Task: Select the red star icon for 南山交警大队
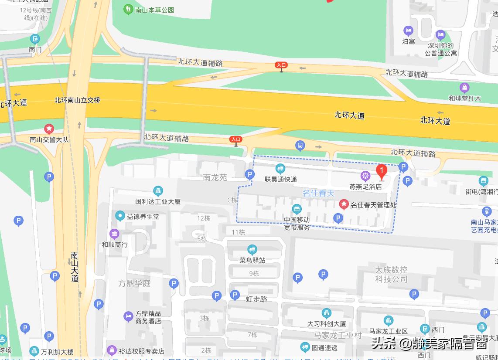pyautogui.click(x=49, y=129)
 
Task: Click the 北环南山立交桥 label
pyautogui.click(x=77, y=100)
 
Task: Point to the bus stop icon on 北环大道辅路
pyautogui.click(x=300, y=146)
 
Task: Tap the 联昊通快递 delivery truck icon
pyautogui.click(x=280, y=168)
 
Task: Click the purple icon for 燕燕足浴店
pyautogui.click(x=365, y=176)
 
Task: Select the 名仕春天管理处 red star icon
pyautogui.click(x=344, y=204)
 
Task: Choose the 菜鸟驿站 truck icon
pyautogui.click(x=252, y=250)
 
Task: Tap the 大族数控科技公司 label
pyautogui.click(x=391, y=274)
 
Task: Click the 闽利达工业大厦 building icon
pyautogui.click(x=158, y=191)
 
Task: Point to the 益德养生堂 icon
pyautogui.click(x=120, y=216)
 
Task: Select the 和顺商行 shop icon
pyautogui.click(x=114, y=234)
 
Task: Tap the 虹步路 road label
pyautogui.click(x=256, y=299)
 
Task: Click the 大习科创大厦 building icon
pyautogui.click(x=326, y=313)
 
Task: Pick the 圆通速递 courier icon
pyautogui.click(x=305, y=347)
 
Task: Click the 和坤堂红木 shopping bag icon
pyautogui.click(x=464, y=88)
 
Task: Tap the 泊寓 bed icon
pyautogui.click(x=408, y=31)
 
